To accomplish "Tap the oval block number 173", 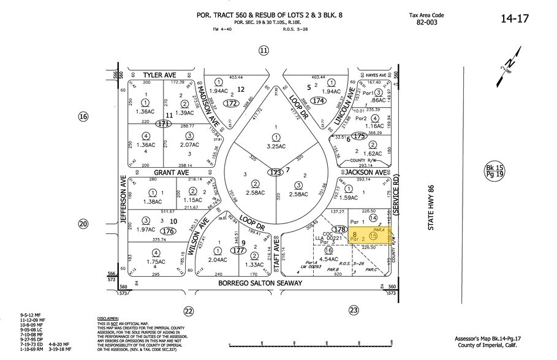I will coord(274,173).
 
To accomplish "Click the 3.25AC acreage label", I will coord(276,147).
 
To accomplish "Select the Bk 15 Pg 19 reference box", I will coord(493,171).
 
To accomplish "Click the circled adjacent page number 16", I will coord(84,116).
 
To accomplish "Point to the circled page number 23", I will coord(354,310).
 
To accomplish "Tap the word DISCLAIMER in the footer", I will coord(110,319).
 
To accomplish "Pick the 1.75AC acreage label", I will coord(146,261).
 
